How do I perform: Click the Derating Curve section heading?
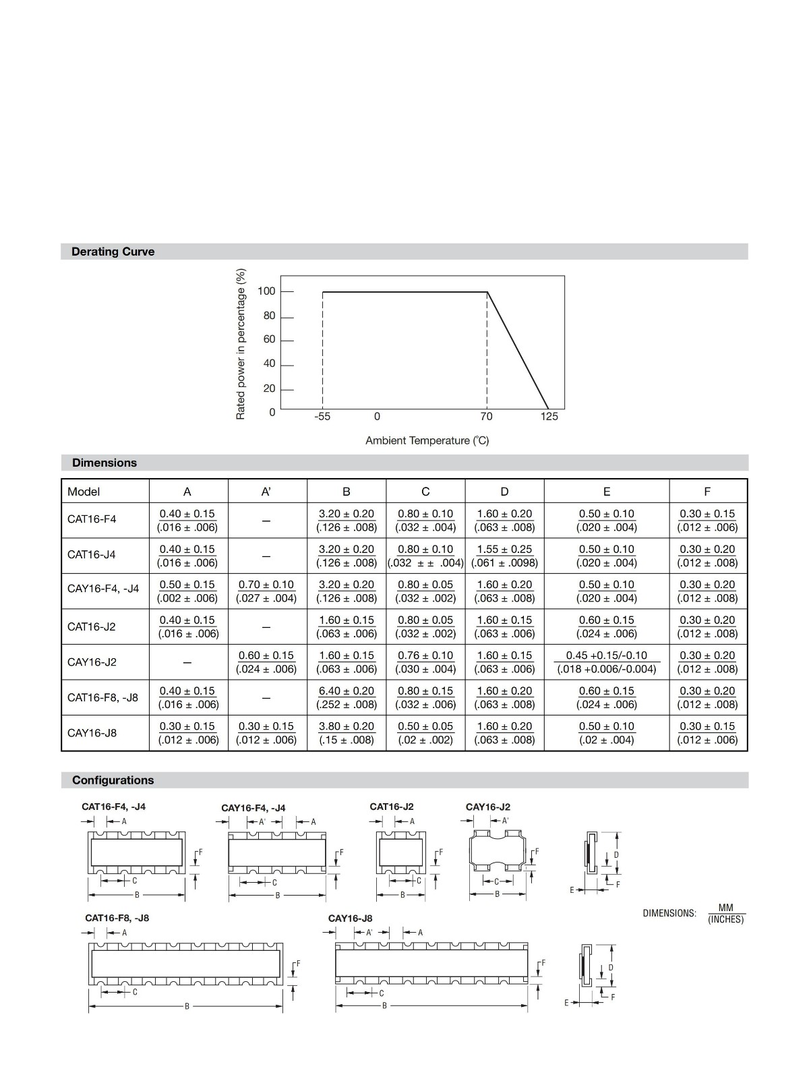click(x=113, y=252)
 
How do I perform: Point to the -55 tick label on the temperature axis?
click(x=322, y=416)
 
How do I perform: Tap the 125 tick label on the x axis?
click(x=549, y=416)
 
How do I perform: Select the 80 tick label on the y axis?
click(x=269, y=316)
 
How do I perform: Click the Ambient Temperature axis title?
click(x=427, y=440)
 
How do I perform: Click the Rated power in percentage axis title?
click(x=241, y=344)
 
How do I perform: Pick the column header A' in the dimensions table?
click(x=266, y=492)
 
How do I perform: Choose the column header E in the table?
click(x=607, y=492)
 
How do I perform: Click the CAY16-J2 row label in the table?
click(x=92, y=662)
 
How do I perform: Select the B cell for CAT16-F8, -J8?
click(x=347, y=697)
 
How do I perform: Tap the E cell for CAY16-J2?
click(x=607, y=662)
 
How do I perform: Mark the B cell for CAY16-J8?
click(x=347, y=733)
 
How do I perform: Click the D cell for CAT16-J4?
click(x=504, y=556)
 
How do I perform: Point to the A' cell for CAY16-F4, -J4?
click(x=266, y=591)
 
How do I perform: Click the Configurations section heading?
click(x=113, y=780)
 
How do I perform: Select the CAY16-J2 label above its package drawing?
click(x=488, y=807)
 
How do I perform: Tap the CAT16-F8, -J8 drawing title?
click(x=117, y=918)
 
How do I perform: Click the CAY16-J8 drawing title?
click(x=350, y=918)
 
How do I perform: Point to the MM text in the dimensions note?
click(x=725, y=908)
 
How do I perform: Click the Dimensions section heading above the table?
click(x=104, y=463)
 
